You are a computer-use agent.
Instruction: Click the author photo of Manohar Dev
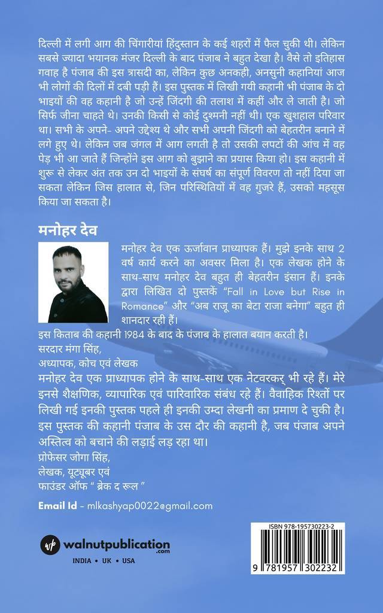point(72,283)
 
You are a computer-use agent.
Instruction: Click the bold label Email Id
point(57,506)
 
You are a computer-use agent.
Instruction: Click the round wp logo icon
point(50,544)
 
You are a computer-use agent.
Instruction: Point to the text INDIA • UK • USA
point(104,561)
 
